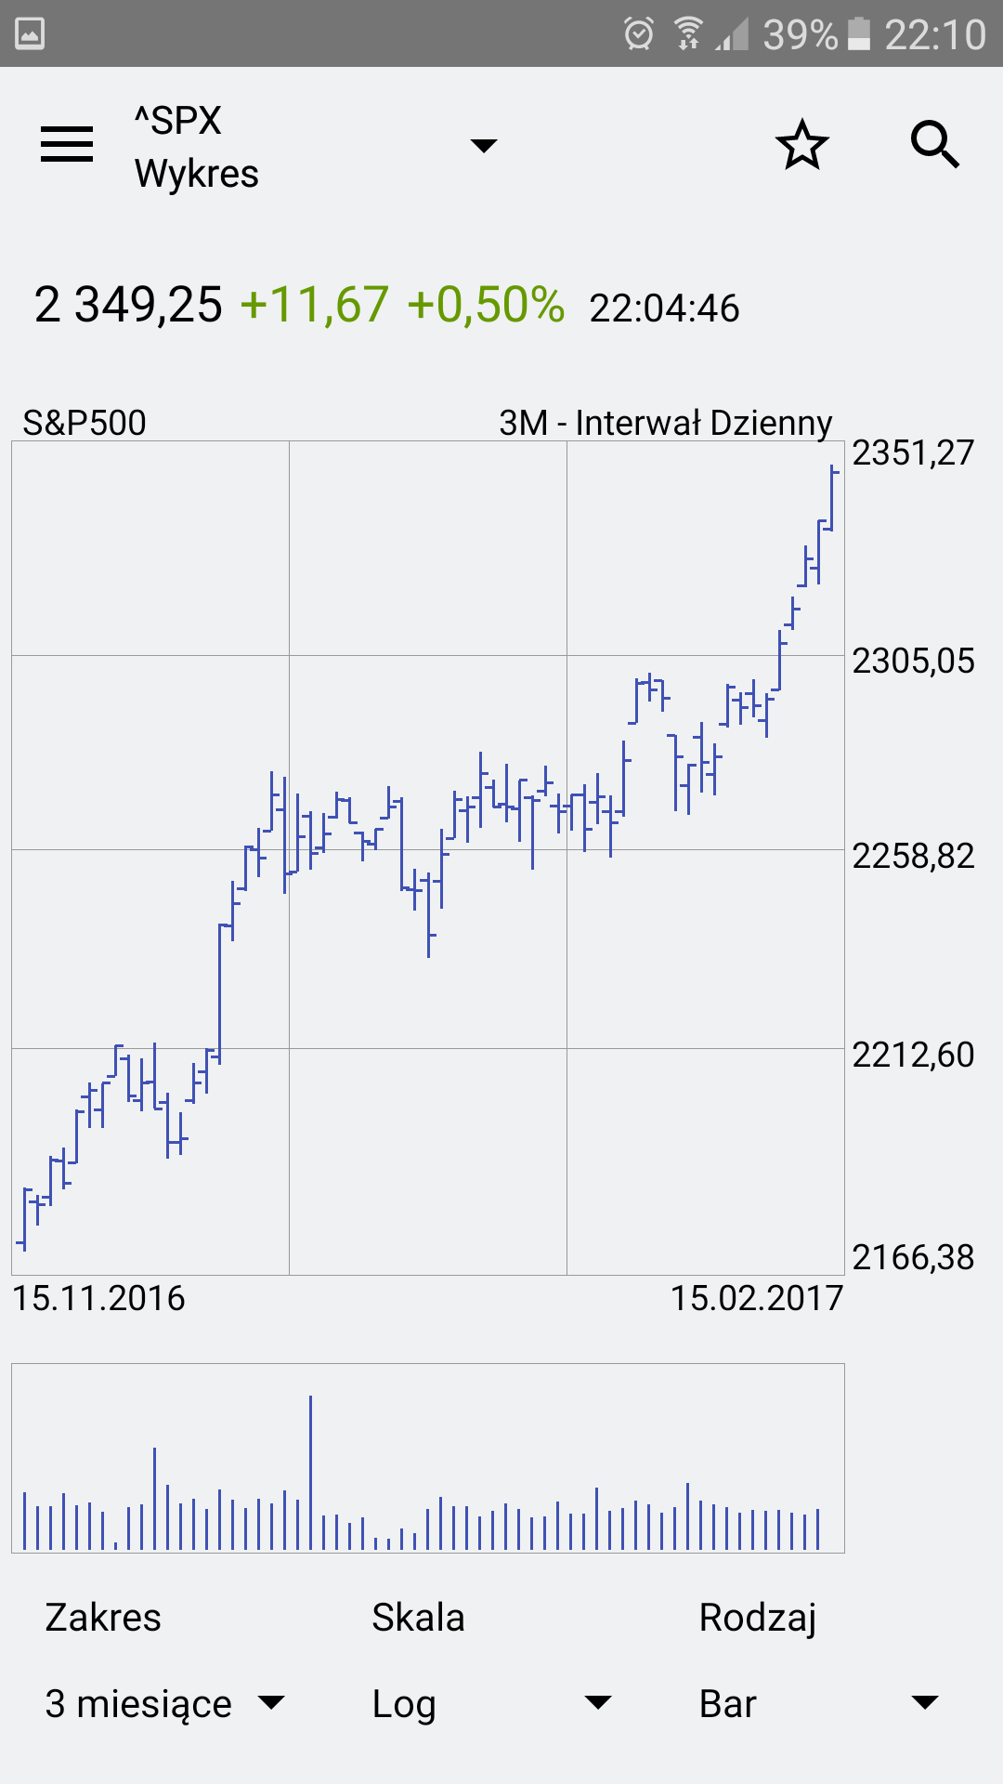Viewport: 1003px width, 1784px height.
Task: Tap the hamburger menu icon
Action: coord(67,144)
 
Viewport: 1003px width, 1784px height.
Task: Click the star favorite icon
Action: coord(801,145)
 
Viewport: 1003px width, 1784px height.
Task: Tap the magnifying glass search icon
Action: coord(934,145)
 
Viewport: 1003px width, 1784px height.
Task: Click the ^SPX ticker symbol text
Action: coord(178,121)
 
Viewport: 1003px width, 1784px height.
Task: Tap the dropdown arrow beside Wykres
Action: coord(484,146)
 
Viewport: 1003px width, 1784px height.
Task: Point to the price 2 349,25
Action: coord(128,305)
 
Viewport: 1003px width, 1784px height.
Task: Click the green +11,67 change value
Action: coord(314,305)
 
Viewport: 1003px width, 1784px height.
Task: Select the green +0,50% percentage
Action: coord(486,305)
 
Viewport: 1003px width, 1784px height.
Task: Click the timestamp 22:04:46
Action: coord(664,308)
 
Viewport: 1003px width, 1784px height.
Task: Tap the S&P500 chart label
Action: coord(85,423)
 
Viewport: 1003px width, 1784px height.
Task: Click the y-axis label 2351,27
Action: coord(913,453)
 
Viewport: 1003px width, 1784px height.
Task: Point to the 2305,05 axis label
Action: coord(913,662)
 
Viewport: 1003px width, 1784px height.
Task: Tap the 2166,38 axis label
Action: coord(913,1258)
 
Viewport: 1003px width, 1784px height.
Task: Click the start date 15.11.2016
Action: coord(98,1299)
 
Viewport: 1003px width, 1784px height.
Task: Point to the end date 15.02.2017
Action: coord(756,1299)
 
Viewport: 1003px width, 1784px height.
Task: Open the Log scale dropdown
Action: coord(491,1704)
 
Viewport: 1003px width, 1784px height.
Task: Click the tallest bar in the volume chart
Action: coord(310,1473)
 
